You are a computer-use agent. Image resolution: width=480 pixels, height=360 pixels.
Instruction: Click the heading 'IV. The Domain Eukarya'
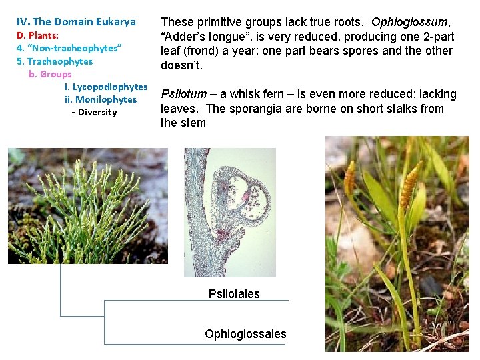coord(75,22)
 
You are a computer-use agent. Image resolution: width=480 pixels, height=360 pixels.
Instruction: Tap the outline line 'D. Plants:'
coord(37,35)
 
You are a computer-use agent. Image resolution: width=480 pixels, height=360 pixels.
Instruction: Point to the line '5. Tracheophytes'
coord(55,61)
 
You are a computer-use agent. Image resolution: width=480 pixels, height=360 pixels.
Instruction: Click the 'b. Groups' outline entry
coord(50,74)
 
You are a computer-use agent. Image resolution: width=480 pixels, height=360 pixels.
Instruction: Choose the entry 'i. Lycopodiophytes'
coord(105,87)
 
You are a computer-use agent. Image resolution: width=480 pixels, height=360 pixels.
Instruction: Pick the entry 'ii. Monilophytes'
coord(101,99)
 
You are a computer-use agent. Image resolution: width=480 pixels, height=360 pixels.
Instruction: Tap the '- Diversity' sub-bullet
coord(94,112)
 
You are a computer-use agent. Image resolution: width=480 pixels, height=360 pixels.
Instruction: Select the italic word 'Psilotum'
coord(184,94)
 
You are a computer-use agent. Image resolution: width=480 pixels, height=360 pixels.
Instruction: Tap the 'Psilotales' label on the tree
coord(234,294)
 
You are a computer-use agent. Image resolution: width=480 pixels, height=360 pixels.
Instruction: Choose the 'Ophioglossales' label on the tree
coord(245,334)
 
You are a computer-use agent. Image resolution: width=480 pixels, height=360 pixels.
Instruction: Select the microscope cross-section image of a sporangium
coord(230,212)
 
